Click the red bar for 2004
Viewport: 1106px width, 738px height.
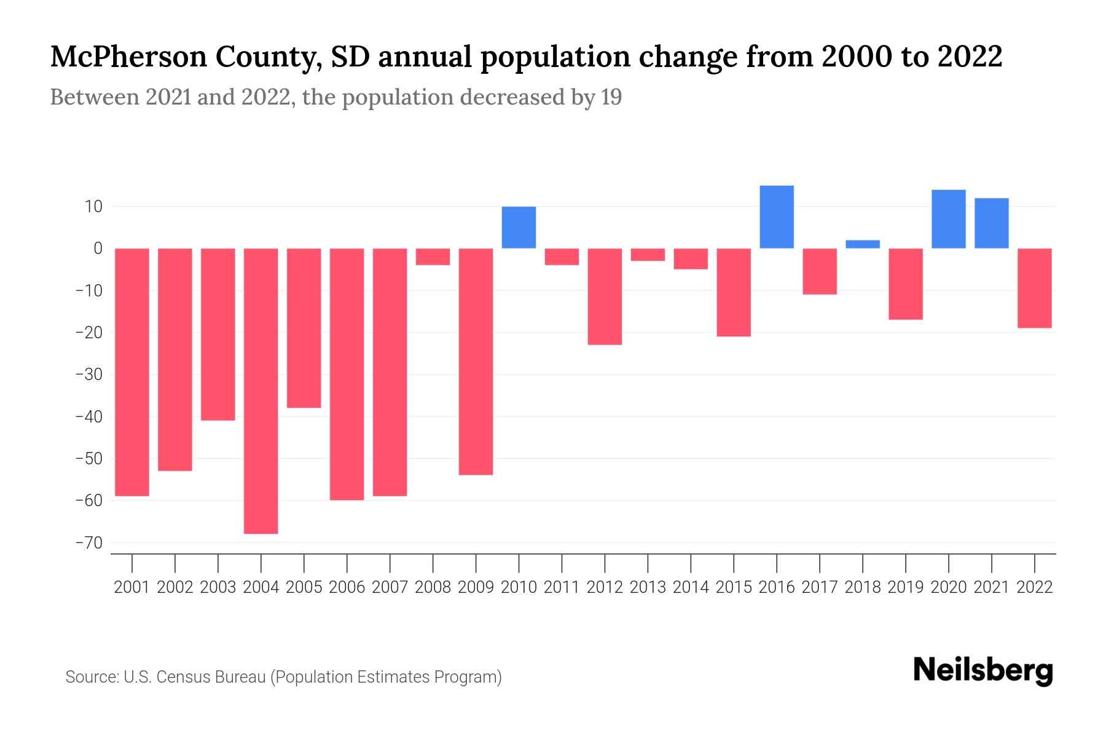click(x=261, y=391)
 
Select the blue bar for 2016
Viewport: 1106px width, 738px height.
click(x=777, y=217)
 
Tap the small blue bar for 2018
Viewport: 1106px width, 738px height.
click(x=863, y=244)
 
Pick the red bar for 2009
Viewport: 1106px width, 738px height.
click(x=476, y=362)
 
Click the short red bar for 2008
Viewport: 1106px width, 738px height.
click(x=433, y=256)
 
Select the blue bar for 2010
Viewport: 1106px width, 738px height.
click(x=519, y=228)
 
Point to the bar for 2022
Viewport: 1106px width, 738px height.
click(x=1035, y=288)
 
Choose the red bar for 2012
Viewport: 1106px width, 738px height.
click(x=605, y=296)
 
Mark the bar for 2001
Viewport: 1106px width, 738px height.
click(x=132, y=372)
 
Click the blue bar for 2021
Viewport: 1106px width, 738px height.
click(x=992, y=223)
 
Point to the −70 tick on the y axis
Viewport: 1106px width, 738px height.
click(x=89, y=543)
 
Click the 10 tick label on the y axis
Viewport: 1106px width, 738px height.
click(x=93, y=207)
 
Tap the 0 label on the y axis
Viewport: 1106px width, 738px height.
click(x=98, y=248)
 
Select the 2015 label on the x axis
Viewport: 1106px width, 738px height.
click(x=734, y=587)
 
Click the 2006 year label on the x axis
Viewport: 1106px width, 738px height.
click(x=347, y=587)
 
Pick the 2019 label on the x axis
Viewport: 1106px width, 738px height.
click(x=906, y=587)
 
